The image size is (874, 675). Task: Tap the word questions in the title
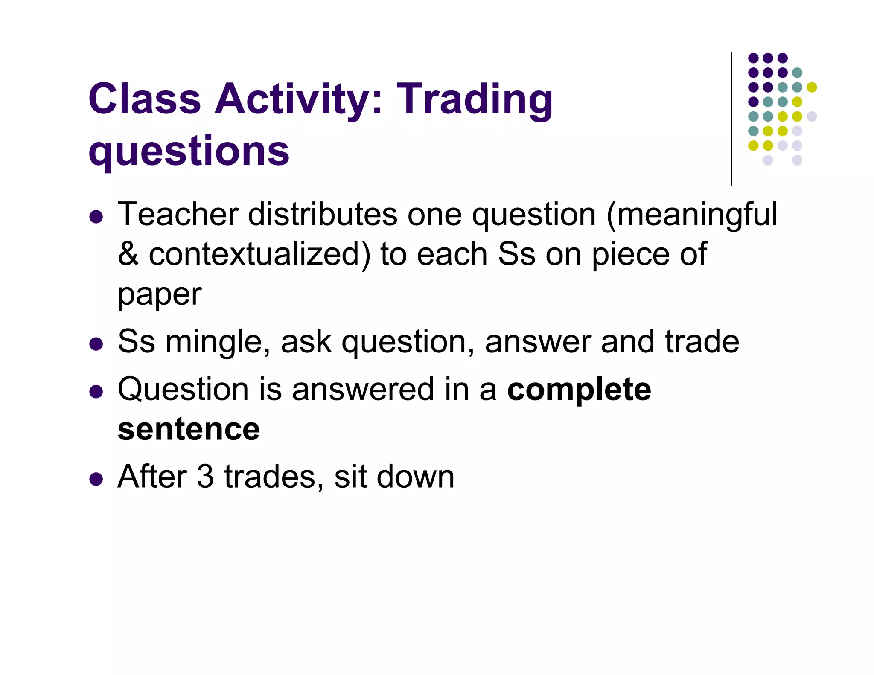tap(189, 151)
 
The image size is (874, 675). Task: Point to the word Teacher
tap(178, 214)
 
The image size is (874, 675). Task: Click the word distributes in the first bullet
tap(322, 214)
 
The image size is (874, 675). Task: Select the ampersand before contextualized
tap(128, 254)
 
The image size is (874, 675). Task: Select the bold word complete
tap(579, 390)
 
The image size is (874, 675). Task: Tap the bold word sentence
tap(189, 430)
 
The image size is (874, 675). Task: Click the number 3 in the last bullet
tap(205, 477)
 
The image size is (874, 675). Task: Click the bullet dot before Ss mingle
tap(96, 344)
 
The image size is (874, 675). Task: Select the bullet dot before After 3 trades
tap(96, 479)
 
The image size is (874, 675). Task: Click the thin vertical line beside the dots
tap(731, 119)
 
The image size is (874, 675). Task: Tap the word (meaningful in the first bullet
tap(691, 214)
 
